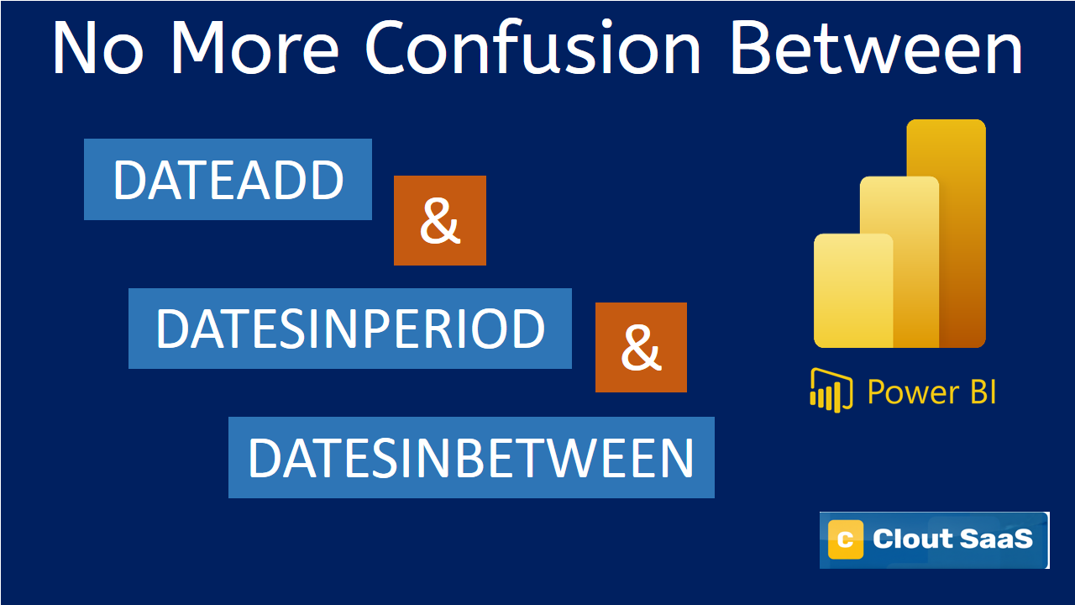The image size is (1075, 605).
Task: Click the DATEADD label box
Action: (228, 180)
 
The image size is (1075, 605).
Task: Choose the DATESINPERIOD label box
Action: (350, 329)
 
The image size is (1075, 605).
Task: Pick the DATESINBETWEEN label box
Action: (471, 458)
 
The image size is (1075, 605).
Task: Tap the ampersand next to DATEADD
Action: (440, 221)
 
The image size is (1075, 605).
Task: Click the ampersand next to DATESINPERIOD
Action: (641, 348)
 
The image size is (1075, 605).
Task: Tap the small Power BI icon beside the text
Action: (831, 389)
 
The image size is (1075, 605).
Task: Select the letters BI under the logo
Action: (979, 392)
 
